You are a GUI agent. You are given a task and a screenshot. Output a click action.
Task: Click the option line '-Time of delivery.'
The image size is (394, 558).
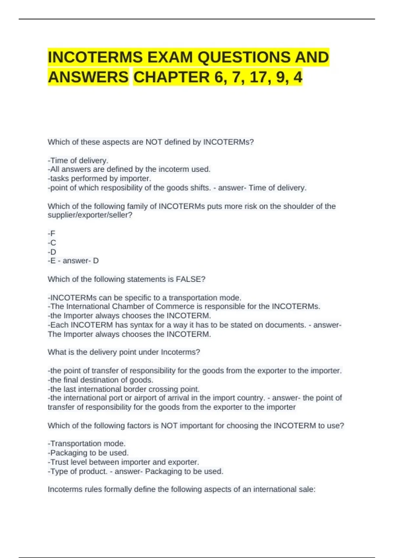coord(78,161)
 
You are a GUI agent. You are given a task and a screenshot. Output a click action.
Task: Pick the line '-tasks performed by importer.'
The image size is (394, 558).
coord(99,179)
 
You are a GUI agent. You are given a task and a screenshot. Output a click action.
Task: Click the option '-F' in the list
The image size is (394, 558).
coord(52,233)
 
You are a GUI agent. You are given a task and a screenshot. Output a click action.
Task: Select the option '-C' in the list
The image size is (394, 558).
coord(52,243)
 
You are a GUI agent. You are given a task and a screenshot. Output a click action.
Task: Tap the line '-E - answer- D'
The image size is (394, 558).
coord(73,261)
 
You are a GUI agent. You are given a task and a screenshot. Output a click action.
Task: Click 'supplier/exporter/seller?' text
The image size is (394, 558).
coord(90,215)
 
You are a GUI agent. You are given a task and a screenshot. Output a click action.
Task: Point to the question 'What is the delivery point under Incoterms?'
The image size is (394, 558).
coord(124,352)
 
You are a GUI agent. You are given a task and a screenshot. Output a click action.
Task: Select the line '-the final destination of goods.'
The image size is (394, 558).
coord(100,380)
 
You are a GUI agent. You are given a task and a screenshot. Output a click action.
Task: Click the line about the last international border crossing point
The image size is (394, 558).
coord(124,389)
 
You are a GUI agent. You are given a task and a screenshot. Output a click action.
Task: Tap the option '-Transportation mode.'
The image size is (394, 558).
coord(87,443)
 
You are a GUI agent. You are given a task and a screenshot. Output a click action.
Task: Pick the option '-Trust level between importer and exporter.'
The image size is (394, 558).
coord(123,462)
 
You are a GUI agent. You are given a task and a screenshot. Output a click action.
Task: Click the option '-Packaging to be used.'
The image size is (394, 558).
coord(88,453)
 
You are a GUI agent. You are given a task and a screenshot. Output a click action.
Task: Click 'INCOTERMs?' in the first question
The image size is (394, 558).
coord(229,142)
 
